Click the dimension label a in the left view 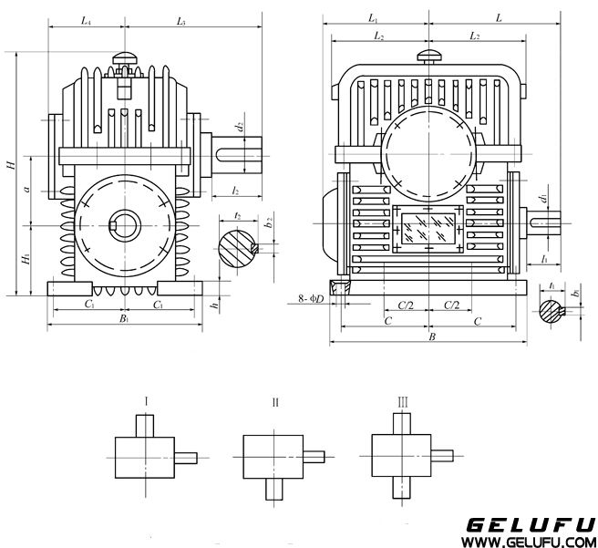[x=27, y=190]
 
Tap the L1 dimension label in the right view [x=373, y=17]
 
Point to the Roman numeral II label [x=274, y=401]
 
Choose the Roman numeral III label [x=402, y=400]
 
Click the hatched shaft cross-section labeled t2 [x=238, y=246]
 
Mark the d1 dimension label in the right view [x=542, y=198]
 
